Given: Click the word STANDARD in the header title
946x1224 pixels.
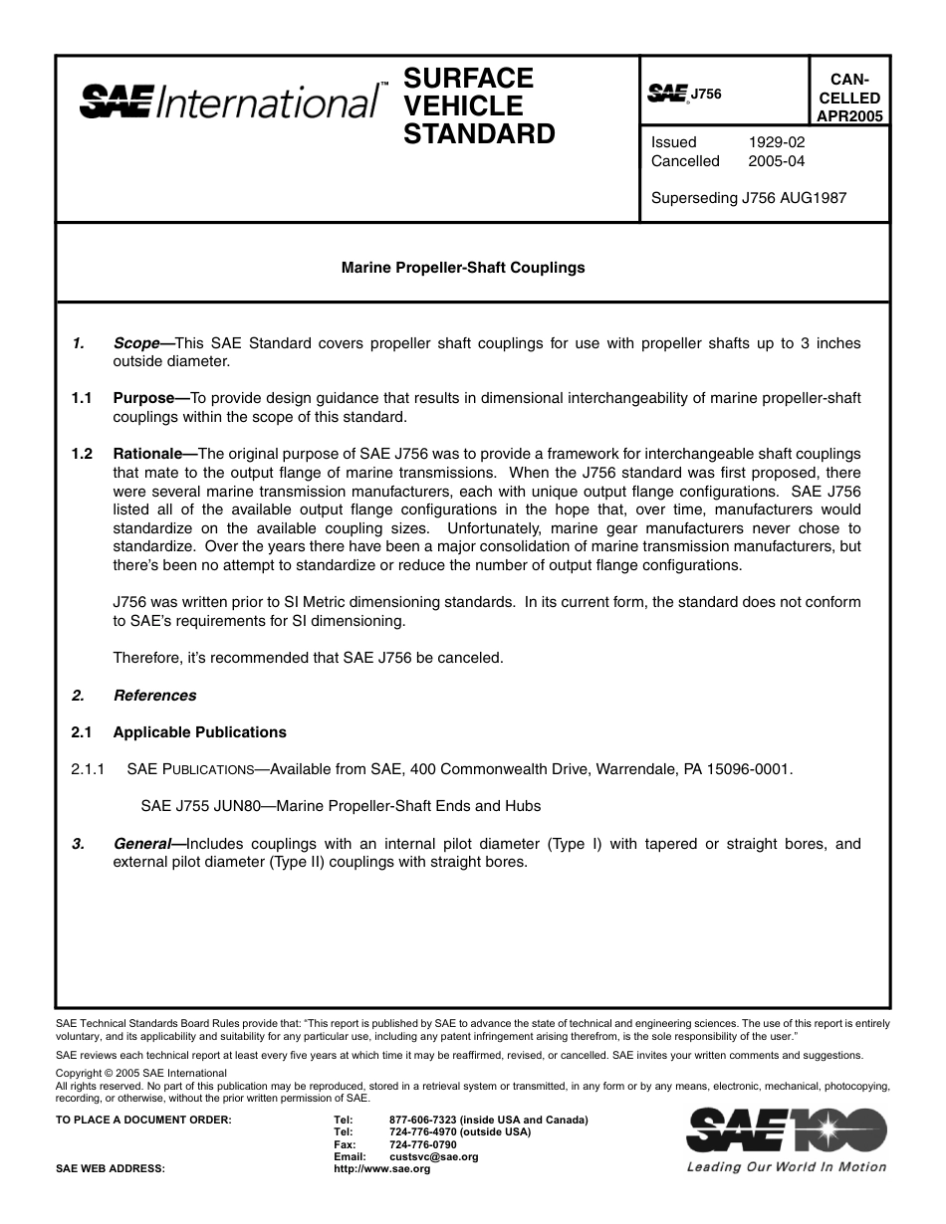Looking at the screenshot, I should [479, 134].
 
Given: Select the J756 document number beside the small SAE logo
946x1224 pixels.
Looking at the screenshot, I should [706, 94].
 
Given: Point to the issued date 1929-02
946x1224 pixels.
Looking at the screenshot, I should [777, 142].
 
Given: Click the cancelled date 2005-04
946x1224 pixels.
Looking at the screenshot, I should [777, 161].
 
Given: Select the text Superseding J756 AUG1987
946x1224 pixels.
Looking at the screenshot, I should [748, 198].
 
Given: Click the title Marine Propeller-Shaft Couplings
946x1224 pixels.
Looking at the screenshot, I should [463, 268].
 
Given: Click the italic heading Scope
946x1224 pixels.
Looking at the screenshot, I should [136, 343].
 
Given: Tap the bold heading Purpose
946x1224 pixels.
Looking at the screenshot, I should [143, 398].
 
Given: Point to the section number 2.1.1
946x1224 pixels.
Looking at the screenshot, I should [89, 769].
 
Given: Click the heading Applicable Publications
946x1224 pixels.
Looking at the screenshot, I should [199, 732].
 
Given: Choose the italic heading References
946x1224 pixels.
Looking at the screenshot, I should [154, 696].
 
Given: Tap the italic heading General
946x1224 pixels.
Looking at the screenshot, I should [141, 844].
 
